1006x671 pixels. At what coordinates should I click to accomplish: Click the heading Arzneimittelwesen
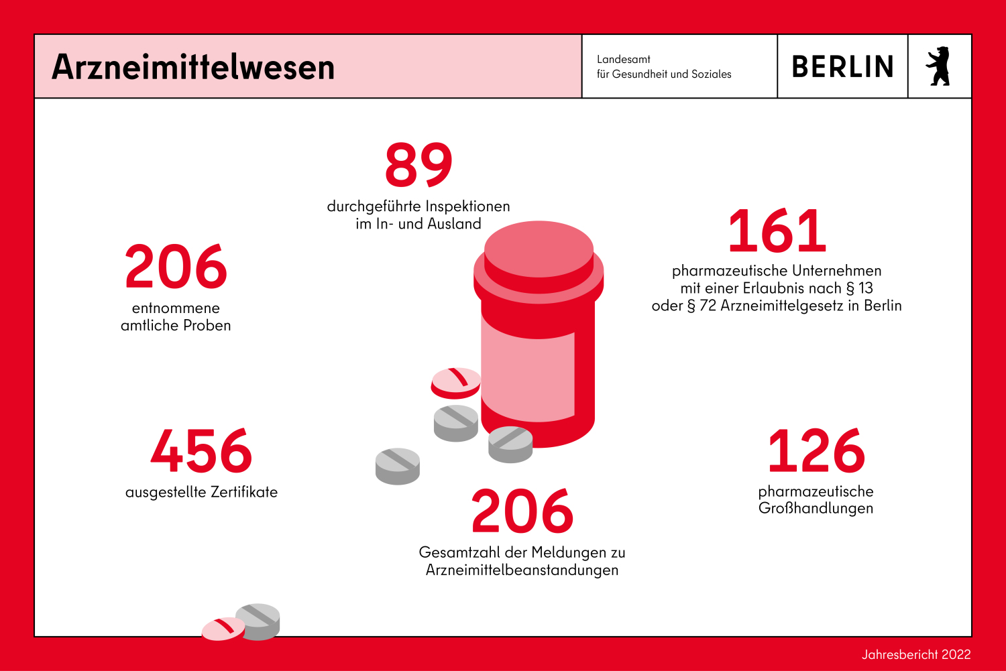coord(193,67)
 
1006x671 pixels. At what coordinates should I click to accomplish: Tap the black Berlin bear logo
coord(938,66)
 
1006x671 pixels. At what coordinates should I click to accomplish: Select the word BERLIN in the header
coord(842,67)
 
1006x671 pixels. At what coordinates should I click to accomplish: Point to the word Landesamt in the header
coord(624,59)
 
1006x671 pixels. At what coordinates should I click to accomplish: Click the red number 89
coord(418,165)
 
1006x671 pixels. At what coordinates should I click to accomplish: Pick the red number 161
coord(777,231)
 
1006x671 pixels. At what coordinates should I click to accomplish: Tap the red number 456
coord(201,451)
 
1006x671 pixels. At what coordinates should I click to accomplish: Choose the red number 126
coord(816,451)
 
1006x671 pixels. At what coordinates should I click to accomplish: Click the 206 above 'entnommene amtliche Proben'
coord(176,267)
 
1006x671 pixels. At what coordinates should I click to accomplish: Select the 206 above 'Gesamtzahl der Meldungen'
coord(522,511)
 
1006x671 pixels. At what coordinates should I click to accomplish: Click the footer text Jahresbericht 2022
coord(916,654)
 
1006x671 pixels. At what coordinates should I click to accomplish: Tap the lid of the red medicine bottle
coord(539,255)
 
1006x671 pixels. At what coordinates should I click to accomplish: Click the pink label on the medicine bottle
coord(528,375)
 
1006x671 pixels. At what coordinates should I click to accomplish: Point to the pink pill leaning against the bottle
coord(455,381)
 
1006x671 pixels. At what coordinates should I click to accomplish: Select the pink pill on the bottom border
coord(223,628)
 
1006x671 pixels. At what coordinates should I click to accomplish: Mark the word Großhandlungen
coord(816,508)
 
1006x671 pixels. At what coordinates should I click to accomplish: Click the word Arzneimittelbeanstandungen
coord(522,570)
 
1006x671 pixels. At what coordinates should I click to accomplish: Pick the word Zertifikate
coord(244,492)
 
